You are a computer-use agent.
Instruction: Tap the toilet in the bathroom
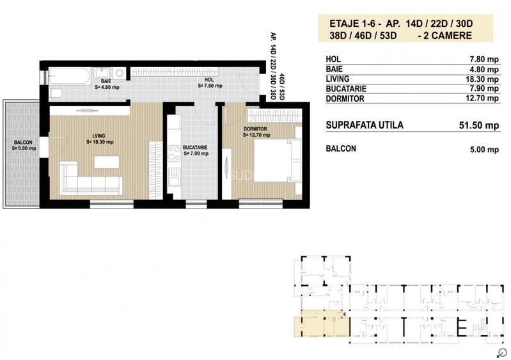[56, 93]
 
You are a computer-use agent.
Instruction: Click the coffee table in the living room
[107, 162]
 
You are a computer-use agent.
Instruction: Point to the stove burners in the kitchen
[173, 152]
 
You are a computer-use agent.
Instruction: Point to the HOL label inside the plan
[209, 80]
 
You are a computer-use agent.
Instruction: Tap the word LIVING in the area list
[337, 79]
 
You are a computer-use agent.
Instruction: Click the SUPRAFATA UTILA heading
[364, 125]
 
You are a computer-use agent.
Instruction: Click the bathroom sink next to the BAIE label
[102, 72]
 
